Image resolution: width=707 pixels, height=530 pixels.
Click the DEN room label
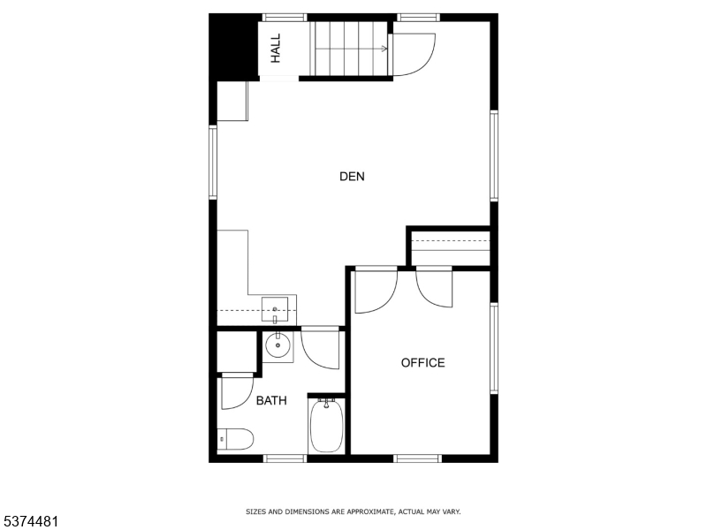(x=352, y=177)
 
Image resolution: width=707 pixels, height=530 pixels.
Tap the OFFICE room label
(x=422, y=363)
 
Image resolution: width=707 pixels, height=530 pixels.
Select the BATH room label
(x=271, y=401)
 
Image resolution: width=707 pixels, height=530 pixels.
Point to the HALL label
(x=276, y=48)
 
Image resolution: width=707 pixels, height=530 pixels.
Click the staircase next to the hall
(x=353, y=49)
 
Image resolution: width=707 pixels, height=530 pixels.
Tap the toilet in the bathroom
(x=236, y=438)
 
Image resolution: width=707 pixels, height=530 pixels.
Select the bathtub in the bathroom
(x=326, y=426)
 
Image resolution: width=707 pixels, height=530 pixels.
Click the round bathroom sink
(x=278, y=345)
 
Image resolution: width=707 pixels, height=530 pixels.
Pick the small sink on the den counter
(x=276, y=310)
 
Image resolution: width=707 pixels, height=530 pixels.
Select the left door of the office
(x=375, y=291)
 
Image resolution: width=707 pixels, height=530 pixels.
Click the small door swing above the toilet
(x=236, y=391)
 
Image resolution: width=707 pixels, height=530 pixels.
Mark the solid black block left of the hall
(x=232, y=46)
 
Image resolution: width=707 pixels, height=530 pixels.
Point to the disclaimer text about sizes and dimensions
(x=353, y=511)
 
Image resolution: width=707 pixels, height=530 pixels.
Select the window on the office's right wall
(x=494, y=347)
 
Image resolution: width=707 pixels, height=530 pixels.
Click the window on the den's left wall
(x=213, y=162)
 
